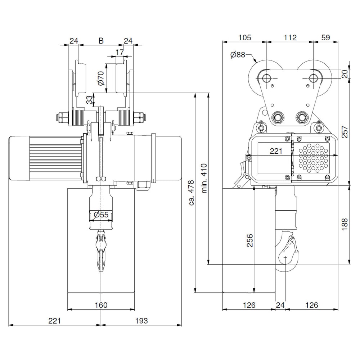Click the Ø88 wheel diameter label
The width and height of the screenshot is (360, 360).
click(x=238, y=55)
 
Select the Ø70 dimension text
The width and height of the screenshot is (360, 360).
click(x=101, y=78)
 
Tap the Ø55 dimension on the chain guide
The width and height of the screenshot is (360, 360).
click(x=101, y=215)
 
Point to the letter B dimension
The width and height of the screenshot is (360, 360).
click(x=101, y=41)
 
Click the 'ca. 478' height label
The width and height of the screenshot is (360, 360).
click(x=192, y=193)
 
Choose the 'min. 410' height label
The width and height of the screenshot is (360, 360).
click(x=204, y=179)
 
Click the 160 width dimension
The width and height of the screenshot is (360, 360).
click(x=101, y=305)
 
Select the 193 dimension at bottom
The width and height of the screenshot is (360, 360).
click(x=141, y=320)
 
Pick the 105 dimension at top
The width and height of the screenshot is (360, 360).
click(x=245, y=37)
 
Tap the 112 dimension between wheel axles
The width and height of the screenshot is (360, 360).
click(x=290, y=37)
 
